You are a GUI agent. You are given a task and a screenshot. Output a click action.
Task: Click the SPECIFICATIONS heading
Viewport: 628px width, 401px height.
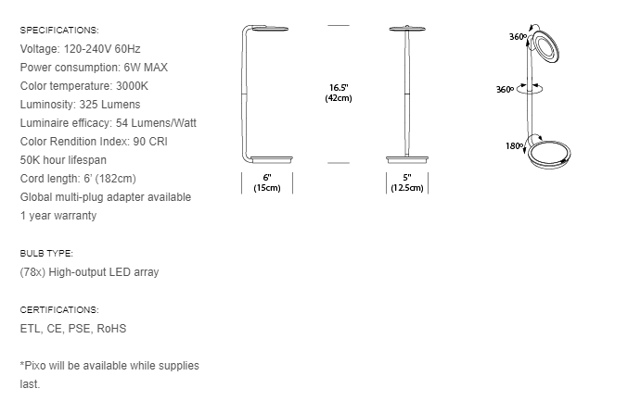click(x=58, y=31)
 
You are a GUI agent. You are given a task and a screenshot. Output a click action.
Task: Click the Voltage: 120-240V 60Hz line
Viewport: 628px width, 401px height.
click(x=81, y=48)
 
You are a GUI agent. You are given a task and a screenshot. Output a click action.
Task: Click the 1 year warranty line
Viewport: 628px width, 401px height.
click(x=58, y=215)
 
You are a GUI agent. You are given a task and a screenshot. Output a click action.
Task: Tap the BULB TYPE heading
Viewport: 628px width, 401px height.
click(x=45, y=253)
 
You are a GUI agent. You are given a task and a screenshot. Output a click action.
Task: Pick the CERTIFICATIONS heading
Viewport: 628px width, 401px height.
click(x=58, y=309)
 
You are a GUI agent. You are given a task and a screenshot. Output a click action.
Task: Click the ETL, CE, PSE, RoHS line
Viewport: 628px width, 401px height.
click(x=72, y=328)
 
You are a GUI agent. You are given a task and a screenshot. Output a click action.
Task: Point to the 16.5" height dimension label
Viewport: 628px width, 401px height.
click(x=338, y=92)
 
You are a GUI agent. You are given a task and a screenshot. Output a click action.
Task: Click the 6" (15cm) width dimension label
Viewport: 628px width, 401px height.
click(x=267, y=182)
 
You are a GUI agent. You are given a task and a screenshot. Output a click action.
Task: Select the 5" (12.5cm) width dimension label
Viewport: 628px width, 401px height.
click(x=406, y=182)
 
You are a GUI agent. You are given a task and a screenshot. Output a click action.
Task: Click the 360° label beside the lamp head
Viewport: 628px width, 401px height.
click(x=518, y=36)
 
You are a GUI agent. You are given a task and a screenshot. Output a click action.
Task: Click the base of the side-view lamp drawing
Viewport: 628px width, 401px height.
click(x=269, y=158)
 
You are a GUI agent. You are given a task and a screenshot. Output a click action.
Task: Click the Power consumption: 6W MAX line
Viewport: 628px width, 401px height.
click(x=93, y=67)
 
